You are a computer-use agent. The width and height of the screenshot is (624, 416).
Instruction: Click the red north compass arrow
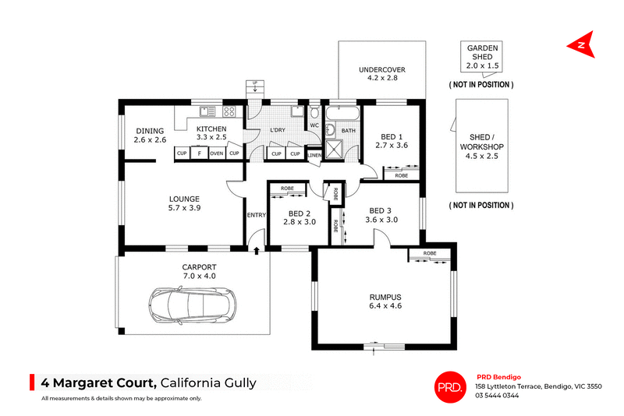582,44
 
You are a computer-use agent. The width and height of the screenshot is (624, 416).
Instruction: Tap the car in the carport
193,305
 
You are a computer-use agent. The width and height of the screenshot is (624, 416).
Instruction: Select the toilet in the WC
314,112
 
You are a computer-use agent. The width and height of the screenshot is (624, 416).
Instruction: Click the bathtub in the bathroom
342,113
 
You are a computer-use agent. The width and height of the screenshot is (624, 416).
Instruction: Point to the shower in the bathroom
335,149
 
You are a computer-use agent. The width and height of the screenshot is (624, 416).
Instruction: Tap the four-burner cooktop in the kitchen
229,111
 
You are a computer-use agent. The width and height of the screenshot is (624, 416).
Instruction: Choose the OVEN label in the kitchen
217,153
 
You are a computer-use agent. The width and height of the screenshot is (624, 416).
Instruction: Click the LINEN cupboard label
314,155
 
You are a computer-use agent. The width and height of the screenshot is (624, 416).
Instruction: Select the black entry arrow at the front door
257,250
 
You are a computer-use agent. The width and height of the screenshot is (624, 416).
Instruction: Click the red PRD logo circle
450,387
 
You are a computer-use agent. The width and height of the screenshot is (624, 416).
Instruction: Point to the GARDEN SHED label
482,52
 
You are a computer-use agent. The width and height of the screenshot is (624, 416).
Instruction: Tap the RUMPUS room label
385,297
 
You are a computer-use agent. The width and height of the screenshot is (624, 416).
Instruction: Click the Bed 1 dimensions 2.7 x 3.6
392,146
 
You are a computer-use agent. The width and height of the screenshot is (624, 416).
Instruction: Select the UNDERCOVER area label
382,69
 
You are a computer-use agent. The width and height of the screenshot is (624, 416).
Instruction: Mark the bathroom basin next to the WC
330,129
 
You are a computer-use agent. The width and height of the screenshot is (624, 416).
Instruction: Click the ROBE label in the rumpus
430,253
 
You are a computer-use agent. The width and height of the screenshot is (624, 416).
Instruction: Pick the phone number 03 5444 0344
497,395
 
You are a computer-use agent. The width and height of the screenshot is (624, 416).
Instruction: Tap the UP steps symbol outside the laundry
255,86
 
